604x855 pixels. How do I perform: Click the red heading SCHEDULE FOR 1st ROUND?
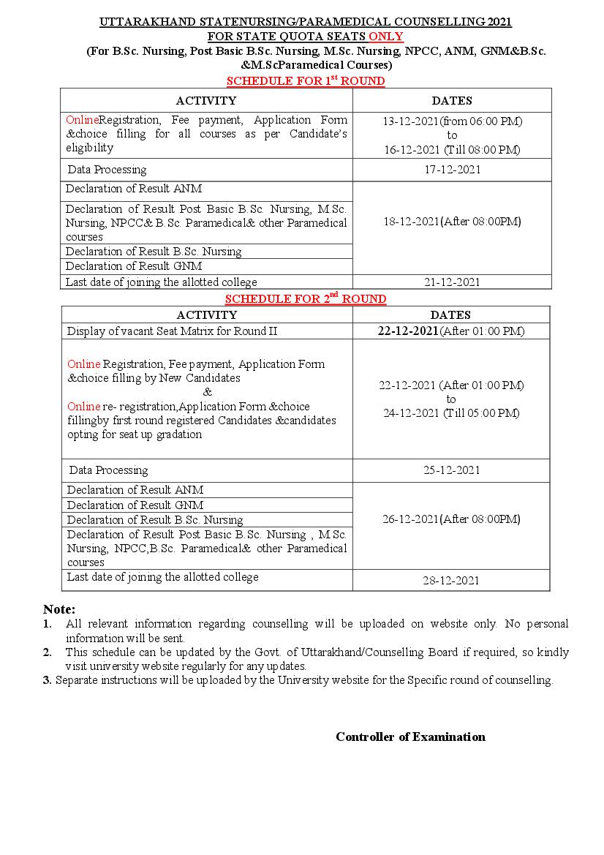306,80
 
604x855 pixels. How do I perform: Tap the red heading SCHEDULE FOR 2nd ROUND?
306,298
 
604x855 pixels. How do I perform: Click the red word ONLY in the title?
385,37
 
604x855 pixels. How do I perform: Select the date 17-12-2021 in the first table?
452,170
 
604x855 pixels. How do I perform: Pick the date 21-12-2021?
452,282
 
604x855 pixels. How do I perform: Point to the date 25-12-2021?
451,470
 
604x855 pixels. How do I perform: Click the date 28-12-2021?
451,581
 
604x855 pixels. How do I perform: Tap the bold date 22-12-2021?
408,331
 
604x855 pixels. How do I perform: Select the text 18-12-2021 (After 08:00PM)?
452,222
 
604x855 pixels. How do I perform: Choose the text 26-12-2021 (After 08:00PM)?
451,519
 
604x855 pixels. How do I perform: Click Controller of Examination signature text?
410,737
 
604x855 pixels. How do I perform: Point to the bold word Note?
59,609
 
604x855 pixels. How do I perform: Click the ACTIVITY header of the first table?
206,101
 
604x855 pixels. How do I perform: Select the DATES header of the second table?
450,315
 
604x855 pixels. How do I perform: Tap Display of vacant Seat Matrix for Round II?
173,331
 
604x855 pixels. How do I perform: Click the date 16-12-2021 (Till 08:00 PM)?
452,150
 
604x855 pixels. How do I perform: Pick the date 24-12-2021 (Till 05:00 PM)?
451,413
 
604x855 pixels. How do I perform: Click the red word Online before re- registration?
83,407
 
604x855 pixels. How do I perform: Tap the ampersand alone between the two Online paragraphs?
207,392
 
